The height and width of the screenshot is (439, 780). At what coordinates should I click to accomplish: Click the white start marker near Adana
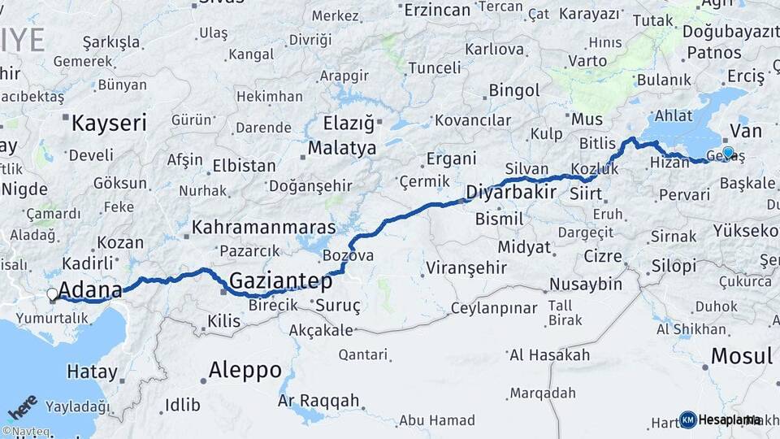(x=53, y=294)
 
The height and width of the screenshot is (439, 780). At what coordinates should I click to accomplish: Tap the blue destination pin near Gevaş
(x=728, y=153)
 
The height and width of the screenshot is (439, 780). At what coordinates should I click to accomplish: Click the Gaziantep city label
(x=281, y=281)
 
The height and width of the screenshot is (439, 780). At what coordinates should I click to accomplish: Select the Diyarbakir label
(x=511, y=193)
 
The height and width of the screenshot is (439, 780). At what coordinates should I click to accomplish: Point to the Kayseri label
(x=109, y=124)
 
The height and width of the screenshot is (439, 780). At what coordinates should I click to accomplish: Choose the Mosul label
(x=741, y=355)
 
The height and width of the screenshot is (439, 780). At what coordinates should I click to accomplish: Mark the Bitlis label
(x=598, y=143)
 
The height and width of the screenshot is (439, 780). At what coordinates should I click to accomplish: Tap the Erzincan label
(x=437, y=10)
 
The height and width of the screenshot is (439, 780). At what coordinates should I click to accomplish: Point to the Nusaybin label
(x=585, y=284)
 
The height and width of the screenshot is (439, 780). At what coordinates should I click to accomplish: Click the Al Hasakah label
(x=549, y=354)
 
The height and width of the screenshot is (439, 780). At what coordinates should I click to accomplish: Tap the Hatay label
(x=92, y=372)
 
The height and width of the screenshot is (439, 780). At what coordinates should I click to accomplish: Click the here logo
(x=23, y=406)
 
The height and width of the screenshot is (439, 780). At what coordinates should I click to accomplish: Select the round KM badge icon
(x=688, y=419)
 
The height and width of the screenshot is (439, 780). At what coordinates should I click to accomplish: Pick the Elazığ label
(x=349, y=124)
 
